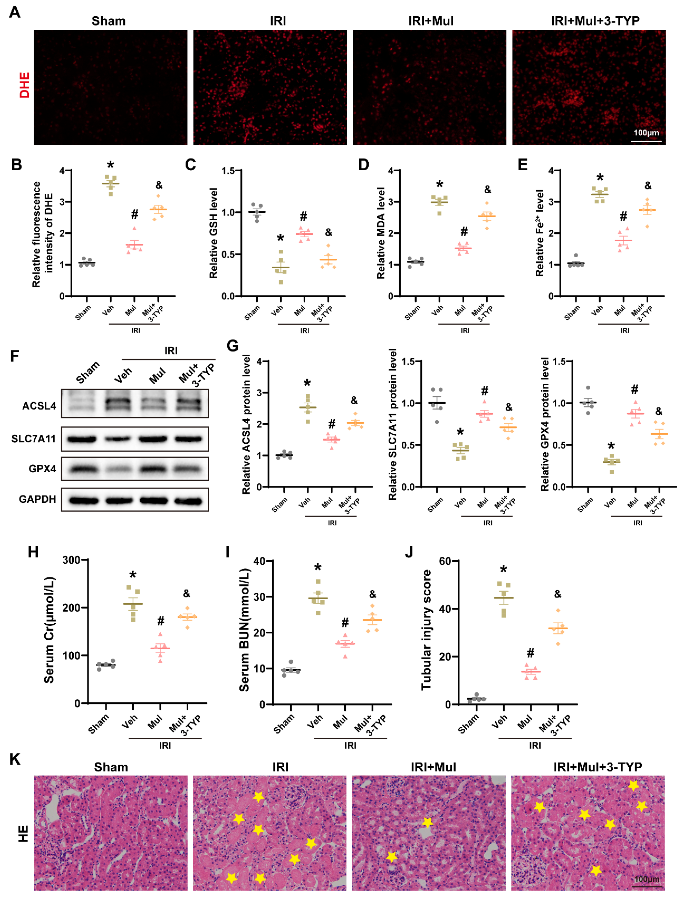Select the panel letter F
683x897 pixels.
15,356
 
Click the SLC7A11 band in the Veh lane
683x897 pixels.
118,439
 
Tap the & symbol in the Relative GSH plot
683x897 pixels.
329,233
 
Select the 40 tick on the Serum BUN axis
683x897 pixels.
259,561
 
